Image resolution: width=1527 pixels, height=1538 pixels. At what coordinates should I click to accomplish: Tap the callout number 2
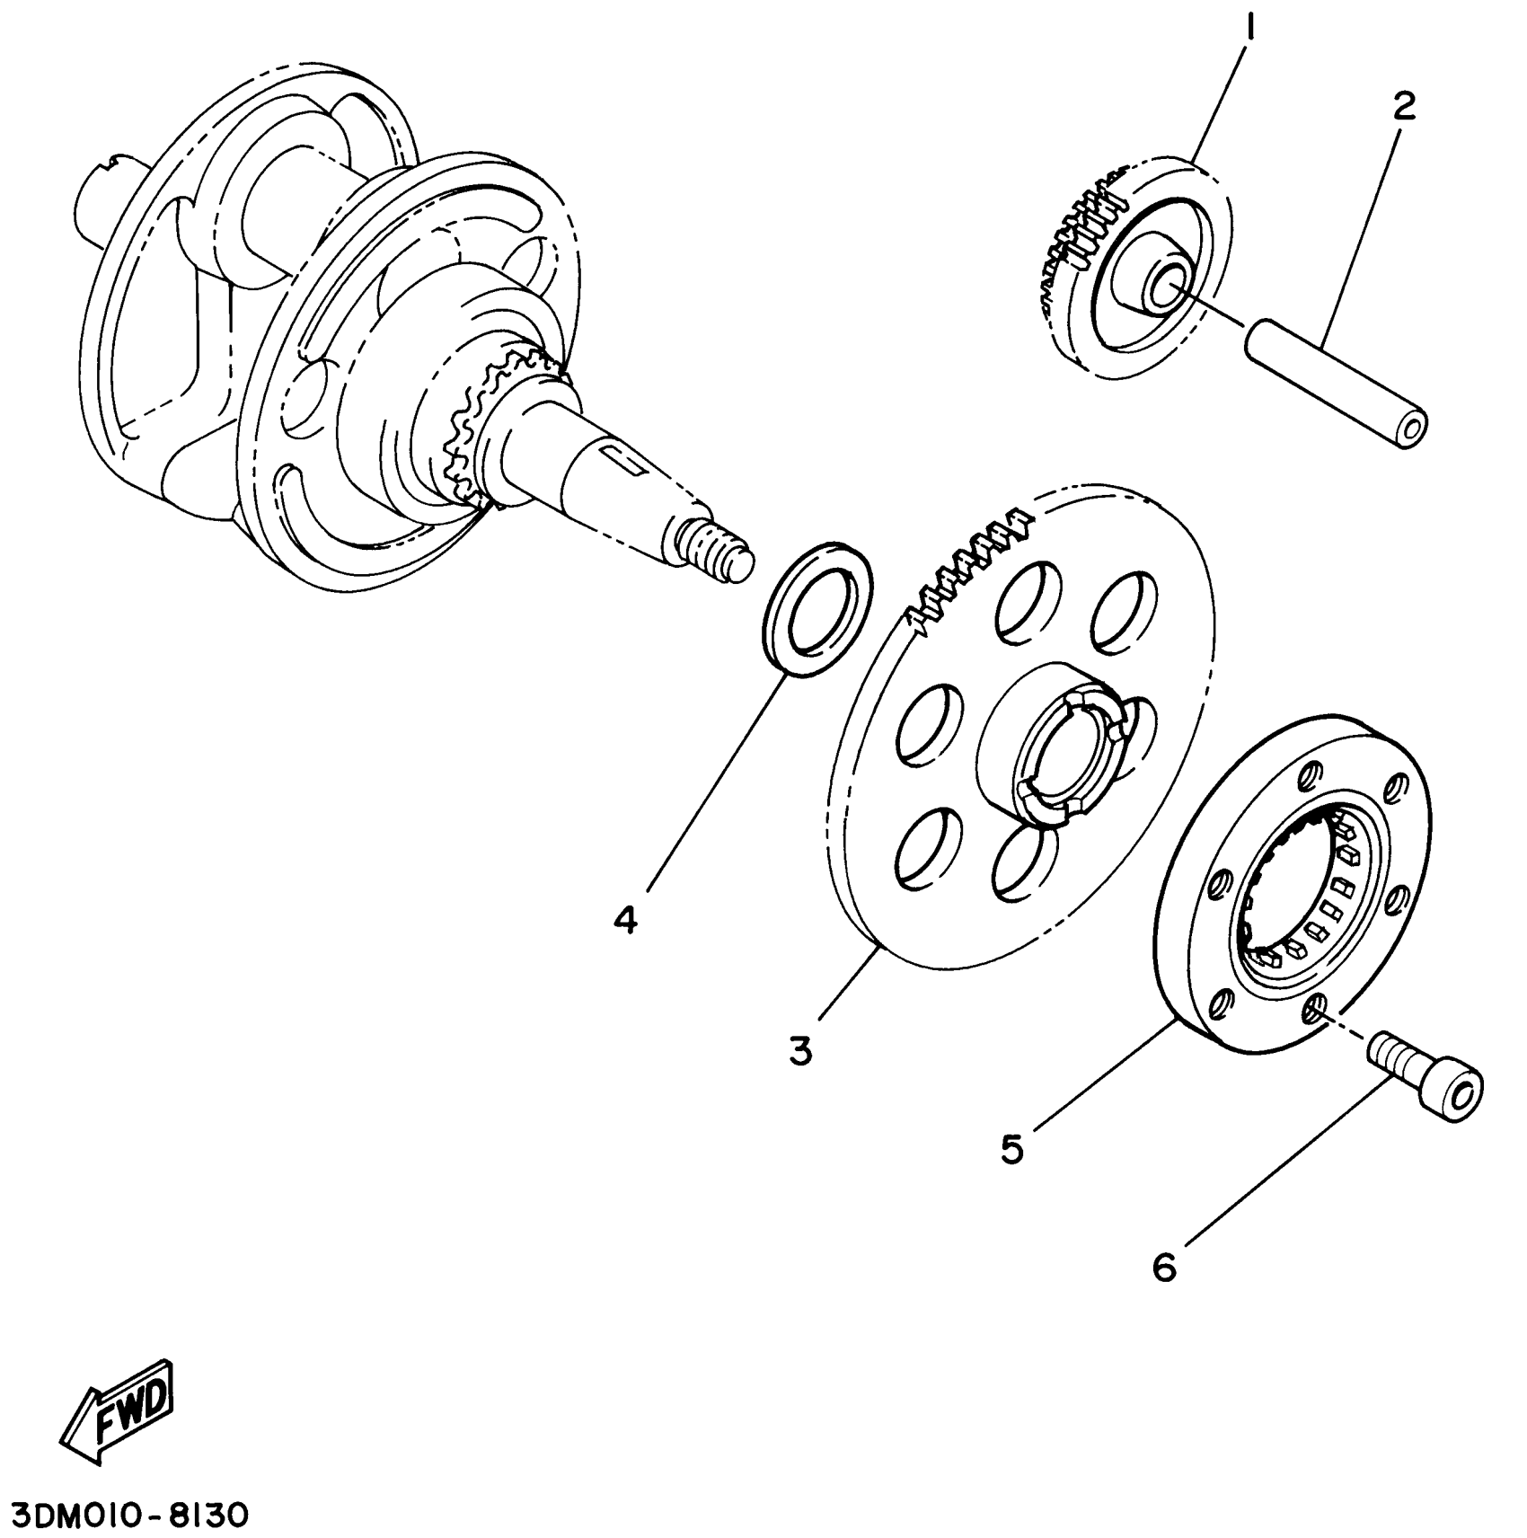[1403, 108]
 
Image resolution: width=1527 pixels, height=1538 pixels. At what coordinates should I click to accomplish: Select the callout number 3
[800, 1049]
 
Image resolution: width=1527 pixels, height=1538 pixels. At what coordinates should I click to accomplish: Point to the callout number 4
[626, 919]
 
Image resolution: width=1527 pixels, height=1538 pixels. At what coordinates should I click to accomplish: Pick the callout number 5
[1012, 1149]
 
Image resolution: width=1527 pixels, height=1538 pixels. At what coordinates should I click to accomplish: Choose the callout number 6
[1164, 1268]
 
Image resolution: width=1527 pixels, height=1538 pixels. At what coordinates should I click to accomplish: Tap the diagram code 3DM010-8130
[126, 1516]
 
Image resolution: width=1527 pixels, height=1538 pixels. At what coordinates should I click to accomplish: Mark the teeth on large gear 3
[970, 570]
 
